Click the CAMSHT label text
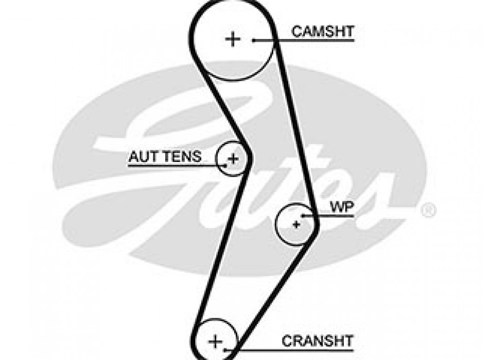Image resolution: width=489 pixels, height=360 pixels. click(x=323, y=31)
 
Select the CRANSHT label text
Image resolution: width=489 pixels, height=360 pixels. click(x=318, y=340)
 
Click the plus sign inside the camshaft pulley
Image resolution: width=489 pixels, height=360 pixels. click(x=233, y=39)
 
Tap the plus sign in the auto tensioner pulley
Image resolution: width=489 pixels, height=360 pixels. click(x=233, y=158)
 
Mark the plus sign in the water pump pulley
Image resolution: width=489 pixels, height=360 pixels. click(x=296, y=224)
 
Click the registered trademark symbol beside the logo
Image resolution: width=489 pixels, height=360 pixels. click(x=429, y=210)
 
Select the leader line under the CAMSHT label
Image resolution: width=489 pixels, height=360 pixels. click(x=309, y=40)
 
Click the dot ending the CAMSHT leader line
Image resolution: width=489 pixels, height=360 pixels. click(x=254, y=40)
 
